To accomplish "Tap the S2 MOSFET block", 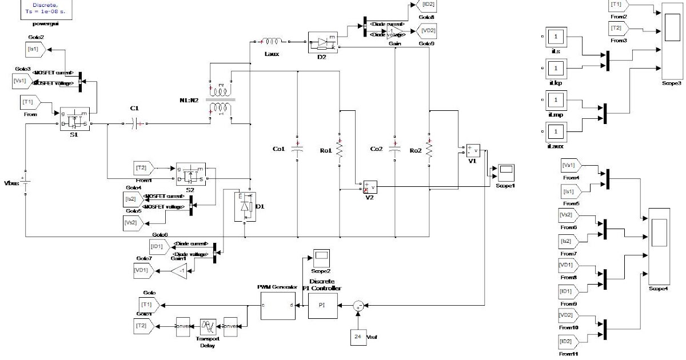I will pyautogui.click(x=190, y=173).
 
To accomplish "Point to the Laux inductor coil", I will pyautogui.click(x=270, y=41).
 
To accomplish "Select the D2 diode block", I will pyautogui.click(x=324, y=43).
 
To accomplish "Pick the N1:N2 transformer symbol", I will pyautogui.click(x=221, y=100).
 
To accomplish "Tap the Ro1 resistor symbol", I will pyautogui.click(x=339, y=150).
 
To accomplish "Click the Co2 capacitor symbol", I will pyautogui.click(x=394, y=150).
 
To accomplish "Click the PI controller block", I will pyautogui.click(x=322, y=305).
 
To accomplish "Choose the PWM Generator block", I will pyautogui.click(x=277, y=305).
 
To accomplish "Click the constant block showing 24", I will pyautogui.click(x=358, y=337).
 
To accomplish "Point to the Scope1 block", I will pyautogui.click(x=506, y=172).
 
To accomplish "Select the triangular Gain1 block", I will pyautogui.click(x=180, y=272).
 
